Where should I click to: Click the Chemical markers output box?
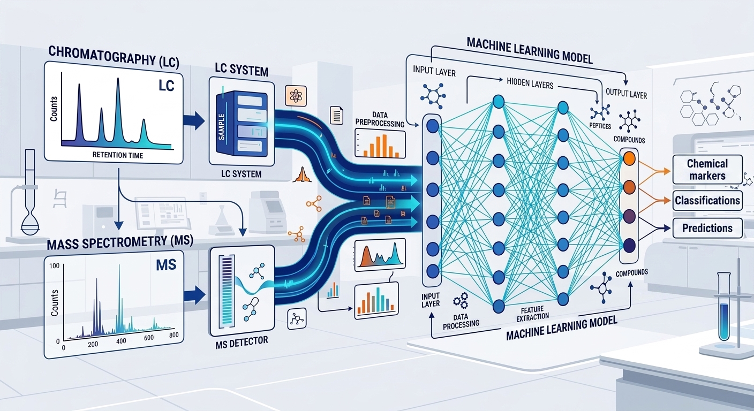point(707,170)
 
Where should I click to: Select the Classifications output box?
point(707,201)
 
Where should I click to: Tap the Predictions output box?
point(707,228)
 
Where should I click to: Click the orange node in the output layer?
point(630,158)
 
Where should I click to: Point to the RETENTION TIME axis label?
point(117,155)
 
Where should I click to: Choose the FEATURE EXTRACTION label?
point(537,314)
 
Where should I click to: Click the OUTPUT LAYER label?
point(625,94)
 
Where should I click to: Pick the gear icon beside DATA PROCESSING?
point(459,300)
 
